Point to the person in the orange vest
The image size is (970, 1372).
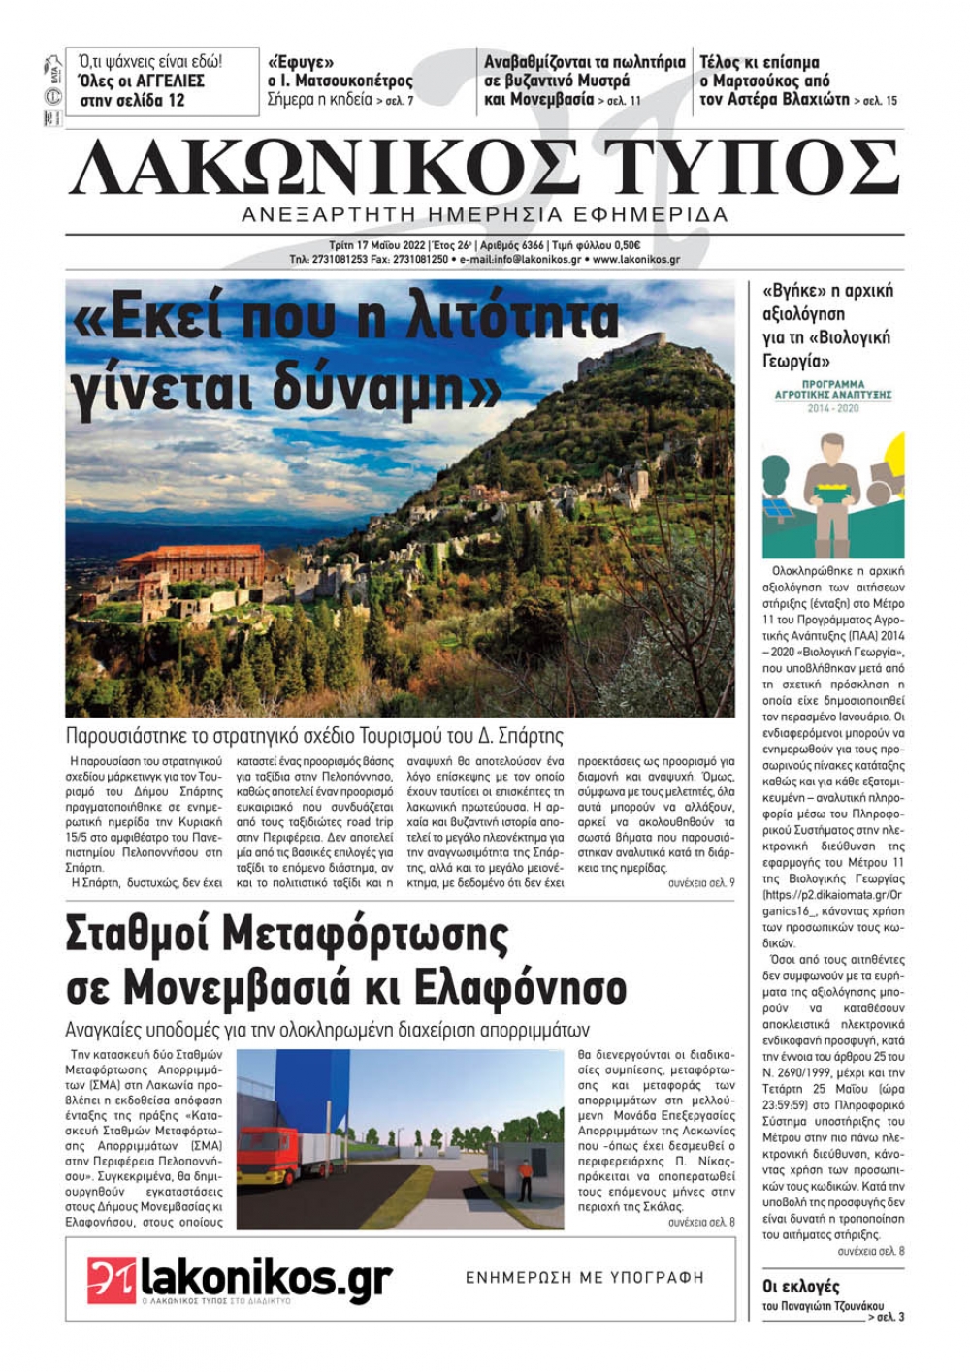pyautogui.click(x=525, y=1178)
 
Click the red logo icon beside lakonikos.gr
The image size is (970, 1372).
pyautogui.click(x=111, y=1281)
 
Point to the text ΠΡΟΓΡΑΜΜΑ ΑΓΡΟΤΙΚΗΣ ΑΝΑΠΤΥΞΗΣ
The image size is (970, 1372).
pyautogui.click(x=833, y=390)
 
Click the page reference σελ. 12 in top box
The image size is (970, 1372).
pyautogui.click(x=160, y=100)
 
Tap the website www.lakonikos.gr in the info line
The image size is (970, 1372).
pyautogui.click(x=635, y=260)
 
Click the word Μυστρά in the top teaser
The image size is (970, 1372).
pyautogui.click(x=602, y=80)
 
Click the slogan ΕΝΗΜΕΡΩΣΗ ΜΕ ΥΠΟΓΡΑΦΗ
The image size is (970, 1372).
pyautogui.click(x=584, y=1278)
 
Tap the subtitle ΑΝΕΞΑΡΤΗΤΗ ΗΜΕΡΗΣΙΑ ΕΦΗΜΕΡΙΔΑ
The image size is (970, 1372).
pyautogui.click(x=485, y=214)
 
